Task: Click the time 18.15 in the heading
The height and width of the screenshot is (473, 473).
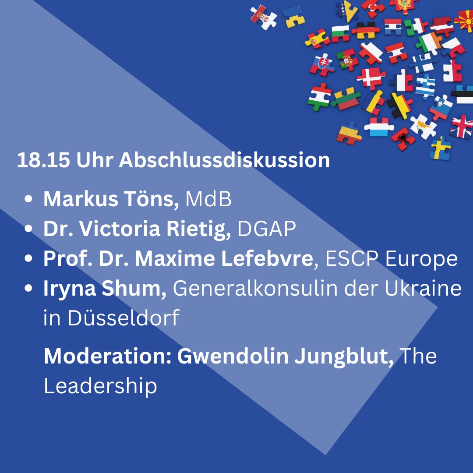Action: (44, 161)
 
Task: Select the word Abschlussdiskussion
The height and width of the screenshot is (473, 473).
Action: (224, 161)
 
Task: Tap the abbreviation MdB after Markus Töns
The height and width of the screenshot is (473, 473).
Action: (208, 200)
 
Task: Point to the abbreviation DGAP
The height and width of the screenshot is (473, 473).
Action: (267, 229)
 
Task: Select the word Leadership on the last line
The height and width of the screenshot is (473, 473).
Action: (100, 386)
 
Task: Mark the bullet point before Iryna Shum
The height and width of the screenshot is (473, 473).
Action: (29, 289)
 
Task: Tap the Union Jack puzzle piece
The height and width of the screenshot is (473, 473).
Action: (461, 126)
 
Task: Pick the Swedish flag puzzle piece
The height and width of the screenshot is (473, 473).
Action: (440, 148)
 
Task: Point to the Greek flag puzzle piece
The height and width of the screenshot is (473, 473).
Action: (425, 86)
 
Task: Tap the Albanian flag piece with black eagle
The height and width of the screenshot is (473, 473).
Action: (403, 138)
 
